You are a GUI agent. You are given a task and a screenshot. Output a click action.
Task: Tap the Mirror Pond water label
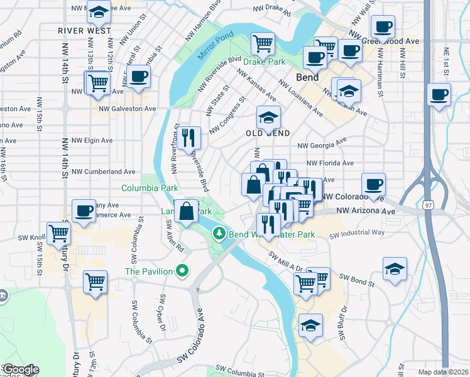click(215, 46)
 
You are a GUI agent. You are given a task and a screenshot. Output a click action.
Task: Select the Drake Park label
click(266, 62)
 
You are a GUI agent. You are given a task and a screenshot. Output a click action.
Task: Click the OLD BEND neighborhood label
click(268, 134)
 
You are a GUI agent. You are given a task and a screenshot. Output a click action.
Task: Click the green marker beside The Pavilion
click(183, 271)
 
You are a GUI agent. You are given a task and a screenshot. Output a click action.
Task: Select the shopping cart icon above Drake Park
click(263, 43)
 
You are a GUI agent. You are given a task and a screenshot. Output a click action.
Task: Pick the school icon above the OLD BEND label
click(268, 116)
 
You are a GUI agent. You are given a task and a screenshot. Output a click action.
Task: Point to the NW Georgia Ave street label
click(322, 145)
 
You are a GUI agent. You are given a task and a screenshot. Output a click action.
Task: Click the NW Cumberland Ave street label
click(104, 172)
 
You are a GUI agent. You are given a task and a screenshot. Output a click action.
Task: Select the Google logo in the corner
click(20, 369)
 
